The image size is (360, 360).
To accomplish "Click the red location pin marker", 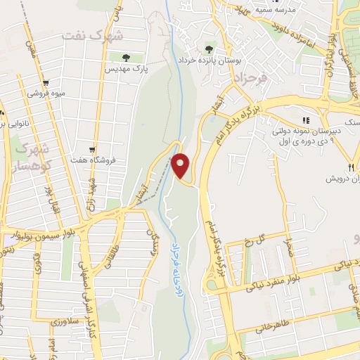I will [x=181, y=165].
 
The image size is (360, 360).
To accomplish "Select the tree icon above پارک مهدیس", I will [x=125, y=58].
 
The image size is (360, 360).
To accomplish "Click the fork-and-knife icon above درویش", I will [x=349, y=167].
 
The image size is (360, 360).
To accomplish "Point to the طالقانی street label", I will [x=110, y=262].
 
